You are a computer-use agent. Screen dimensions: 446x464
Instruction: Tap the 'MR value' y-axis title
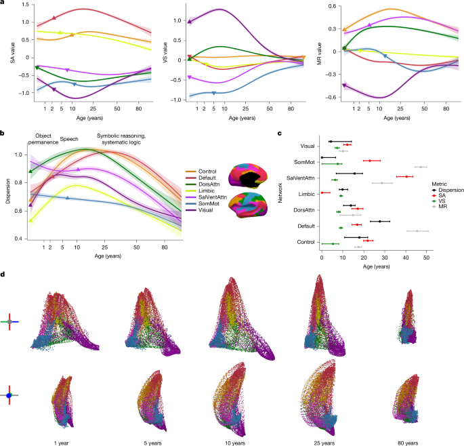coord(317,53)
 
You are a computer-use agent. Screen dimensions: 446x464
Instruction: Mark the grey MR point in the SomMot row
coord(421,167)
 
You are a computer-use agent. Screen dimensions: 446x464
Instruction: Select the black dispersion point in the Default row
coord(380,222)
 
